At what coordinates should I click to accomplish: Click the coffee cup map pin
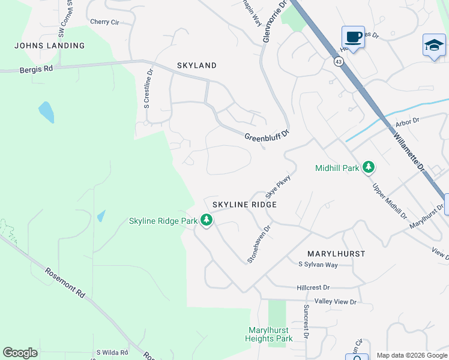[354, 37]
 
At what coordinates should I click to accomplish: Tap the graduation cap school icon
[434, 46]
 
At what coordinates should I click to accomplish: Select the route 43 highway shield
[339, 61]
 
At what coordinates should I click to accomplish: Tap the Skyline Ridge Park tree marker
[206, 221]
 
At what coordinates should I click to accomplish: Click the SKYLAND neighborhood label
[196, 65]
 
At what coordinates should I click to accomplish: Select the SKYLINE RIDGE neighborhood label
[244, 205]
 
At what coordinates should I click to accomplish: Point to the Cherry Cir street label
[104, 22]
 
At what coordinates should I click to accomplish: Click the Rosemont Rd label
[65, 282]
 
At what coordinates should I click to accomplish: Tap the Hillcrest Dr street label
[313, 288]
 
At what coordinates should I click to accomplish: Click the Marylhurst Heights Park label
[268, 335]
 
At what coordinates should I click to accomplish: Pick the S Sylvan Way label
[318, 265]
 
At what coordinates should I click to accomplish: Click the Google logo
[20, 353]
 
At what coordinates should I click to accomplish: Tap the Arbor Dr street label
[406, 122]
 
